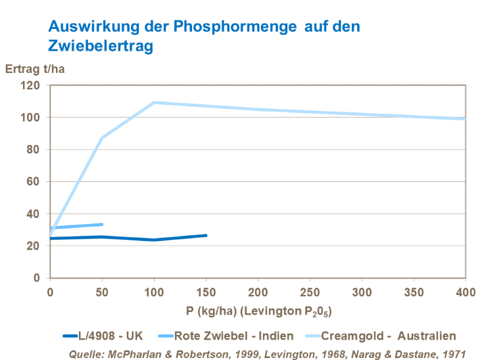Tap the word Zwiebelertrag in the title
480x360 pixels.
point(100,46)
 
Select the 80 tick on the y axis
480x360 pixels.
point(34,150)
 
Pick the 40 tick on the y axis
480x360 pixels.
point(34,214)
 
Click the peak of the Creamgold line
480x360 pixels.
point(154,102)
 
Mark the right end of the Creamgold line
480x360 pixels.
point(465,119)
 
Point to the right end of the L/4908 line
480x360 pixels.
point(206,235)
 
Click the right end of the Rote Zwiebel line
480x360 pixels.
point(102,224)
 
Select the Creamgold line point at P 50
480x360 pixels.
point(102,138)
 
